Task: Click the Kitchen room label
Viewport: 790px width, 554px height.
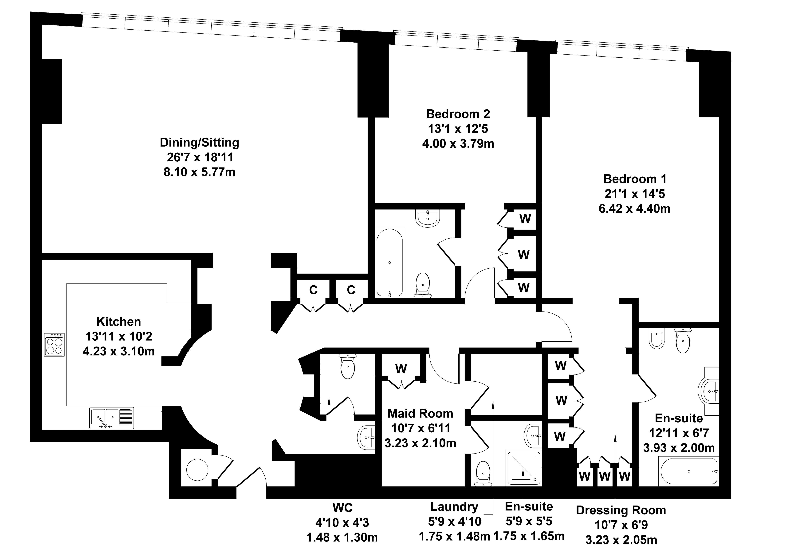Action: point(119,322)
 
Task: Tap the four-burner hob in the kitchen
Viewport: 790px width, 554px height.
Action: point(54,344)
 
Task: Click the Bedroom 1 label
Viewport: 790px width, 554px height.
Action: point(635,179)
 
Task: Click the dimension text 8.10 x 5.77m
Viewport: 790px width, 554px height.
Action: point(200,172)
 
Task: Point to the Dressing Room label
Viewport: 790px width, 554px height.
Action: point(621,510)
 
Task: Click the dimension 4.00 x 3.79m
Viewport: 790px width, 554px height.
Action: point(458,143)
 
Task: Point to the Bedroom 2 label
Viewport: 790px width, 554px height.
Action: point(458,114)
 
